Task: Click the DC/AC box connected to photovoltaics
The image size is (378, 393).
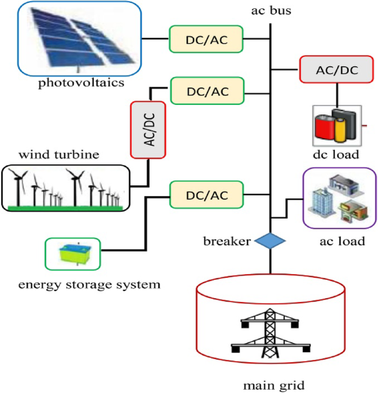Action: [206, 39]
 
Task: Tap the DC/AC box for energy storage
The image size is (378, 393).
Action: [206, 194]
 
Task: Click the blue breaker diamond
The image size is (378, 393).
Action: [270, 241]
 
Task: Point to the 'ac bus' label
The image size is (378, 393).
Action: [270, 10]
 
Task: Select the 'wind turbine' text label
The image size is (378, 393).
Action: [58, 154]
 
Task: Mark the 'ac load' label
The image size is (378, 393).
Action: [342, 241]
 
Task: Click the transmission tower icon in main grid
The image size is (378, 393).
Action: [270, 331]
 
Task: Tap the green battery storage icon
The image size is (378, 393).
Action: [73, 254]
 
